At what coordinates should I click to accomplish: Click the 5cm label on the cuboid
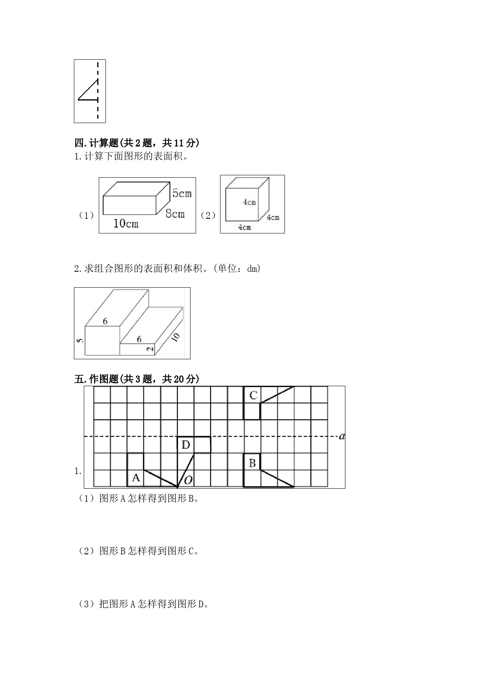click(x=182, y=193)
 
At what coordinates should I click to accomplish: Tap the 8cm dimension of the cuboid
click(x=175, y=214)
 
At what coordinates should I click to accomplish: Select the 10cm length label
click(x=126, y=224)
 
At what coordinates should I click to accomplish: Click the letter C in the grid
click(x=253, y=394)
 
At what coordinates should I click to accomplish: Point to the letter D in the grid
click(x=186, y=445)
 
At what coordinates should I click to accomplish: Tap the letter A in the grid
click(x=136, y=478)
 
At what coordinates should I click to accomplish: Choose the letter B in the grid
click(x=252, y=463)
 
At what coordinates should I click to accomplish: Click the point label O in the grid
click(x=188, y=480)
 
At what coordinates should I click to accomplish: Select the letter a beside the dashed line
click(x=342, y=436)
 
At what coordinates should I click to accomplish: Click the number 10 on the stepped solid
click(x=175, y=337)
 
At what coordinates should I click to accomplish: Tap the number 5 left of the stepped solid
click(x=81, y=340)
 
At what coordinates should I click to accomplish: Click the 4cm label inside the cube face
click(x=249, y=202)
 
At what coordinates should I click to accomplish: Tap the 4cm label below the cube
click(x=244, y=227)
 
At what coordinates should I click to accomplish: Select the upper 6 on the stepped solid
click(x=105, y=321)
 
